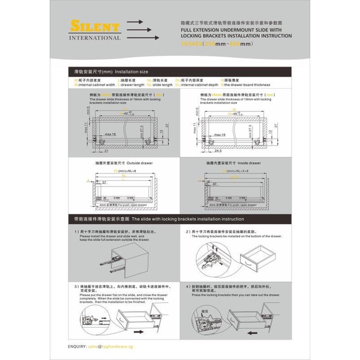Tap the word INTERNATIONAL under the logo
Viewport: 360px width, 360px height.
[95, 38]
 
